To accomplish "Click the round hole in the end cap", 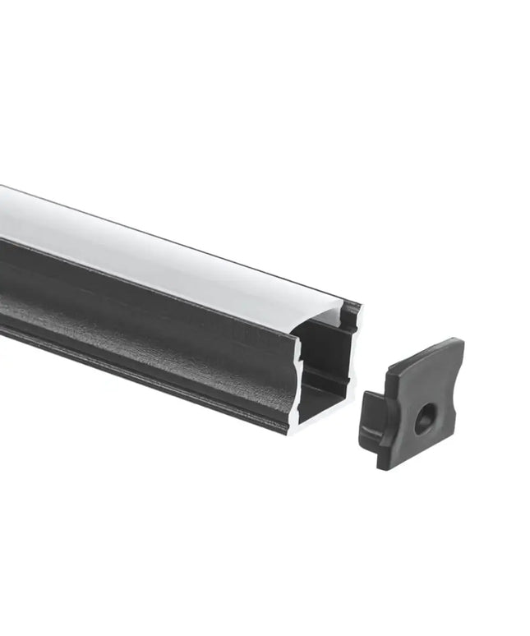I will pos(424,421).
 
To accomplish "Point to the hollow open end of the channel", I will pos(325,362).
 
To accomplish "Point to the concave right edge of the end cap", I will pos(451,394).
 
